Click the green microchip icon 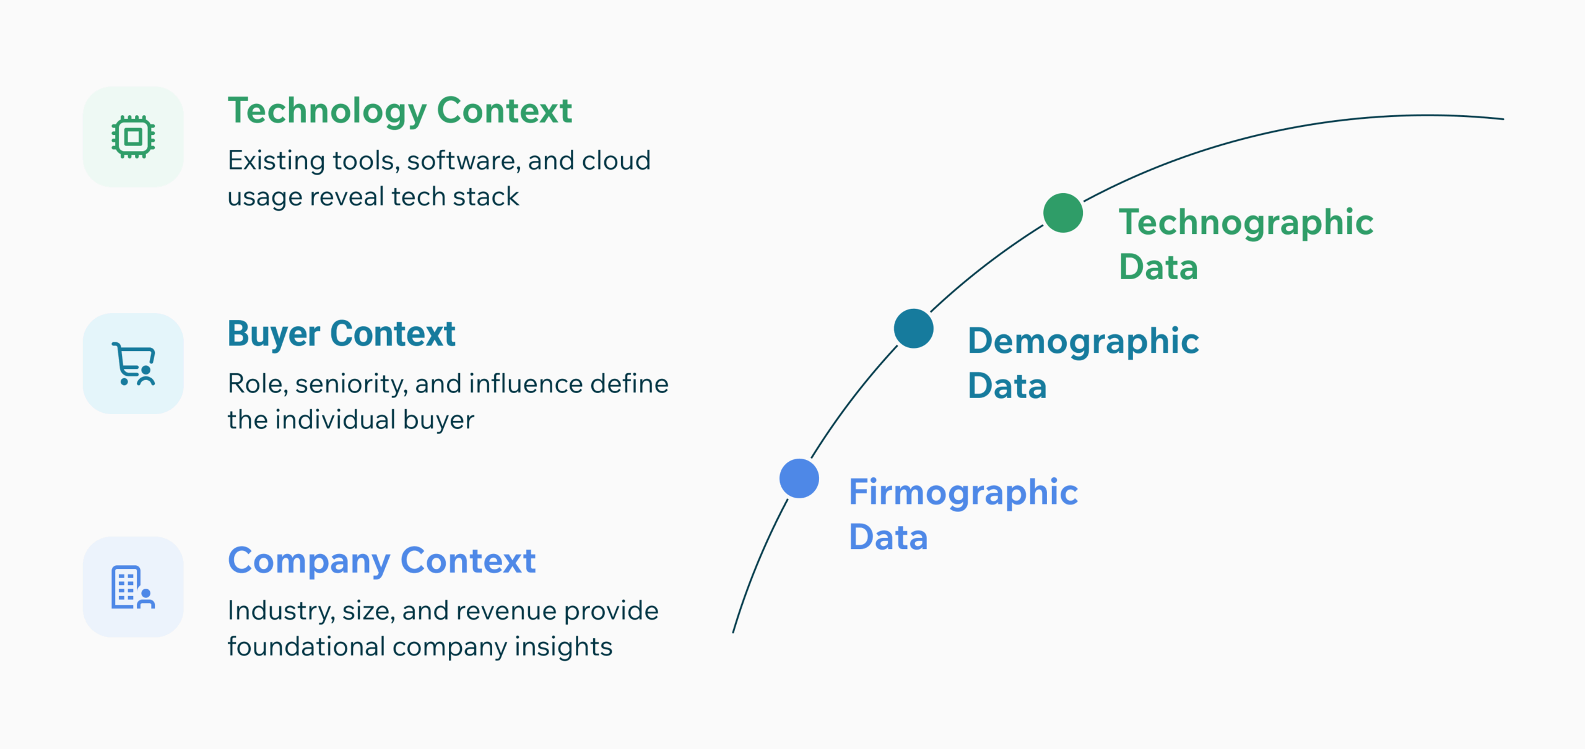coord(133,137)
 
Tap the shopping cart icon coord(133,364)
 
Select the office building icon coord(133,587)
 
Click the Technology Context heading coord(399,111)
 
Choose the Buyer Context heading coord(341,334)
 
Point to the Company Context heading coord(381,561)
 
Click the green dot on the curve coord(1062,213)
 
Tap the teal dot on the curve coord(913,329)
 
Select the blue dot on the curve coord(799,478)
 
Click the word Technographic coord(1246,223)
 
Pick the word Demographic coord(1083,342)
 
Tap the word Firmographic coord(963,493)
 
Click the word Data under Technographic coord(1158,267)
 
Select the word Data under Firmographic coord(888,537)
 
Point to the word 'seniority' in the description coord(351,384)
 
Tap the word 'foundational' coord(306,647)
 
